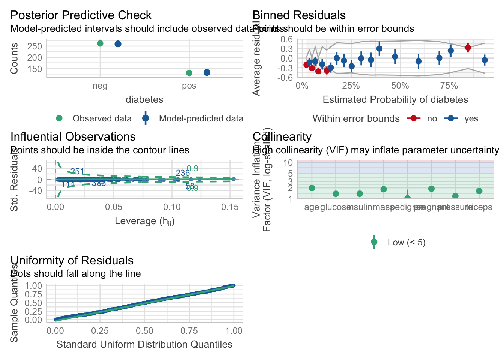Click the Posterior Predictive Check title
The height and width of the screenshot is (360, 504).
pyautogui.click(x=81, y=15)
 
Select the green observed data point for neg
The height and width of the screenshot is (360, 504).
pyautogui.click(x=100, y=43)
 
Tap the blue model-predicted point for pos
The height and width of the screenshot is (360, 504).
pyautogui.click(x=207, y=72)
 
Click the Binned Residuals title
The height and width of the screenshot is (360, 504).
pyautogui.click(x=299, y=15)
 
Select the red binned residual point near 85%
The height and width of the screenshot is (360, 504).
pyautogui.click(x=468, y=48)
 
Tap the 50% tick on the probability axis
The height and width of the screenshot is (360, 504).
pyautogui.click(x=400, y=86)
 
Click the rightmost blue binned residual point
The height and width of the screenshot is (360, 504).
pyautogui.click(x=484, y=60)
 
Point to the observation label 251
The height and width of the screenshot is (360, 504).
pyautogui.click(x=77, y=172)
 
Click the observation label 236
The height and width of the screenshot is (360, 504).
pyautogui.click(x=183, y=173)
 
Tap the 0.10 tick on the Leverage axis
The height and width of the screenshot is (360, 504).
pyautogui.click(x=172, y=207)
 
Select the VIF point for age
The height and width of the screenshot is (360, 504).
pyautogui.click(x=312, y=188)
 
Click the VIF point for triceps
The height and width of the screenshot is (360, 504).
pyautogui.click(x=479, y=191)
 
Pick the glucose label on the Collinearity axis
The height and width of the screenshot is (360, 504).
pyautogui.click(x=335, y=207)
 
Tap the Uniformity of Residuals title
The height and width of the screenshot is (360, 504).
pyautogui.click(x=72, y=261)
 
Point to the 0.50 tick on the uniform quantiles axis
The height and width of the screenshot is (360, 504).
pyautogui.click(x=144, y=331)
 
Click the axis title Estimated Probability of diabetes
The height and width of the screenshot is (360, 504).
pyautogui.click(x=395, y=100)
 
